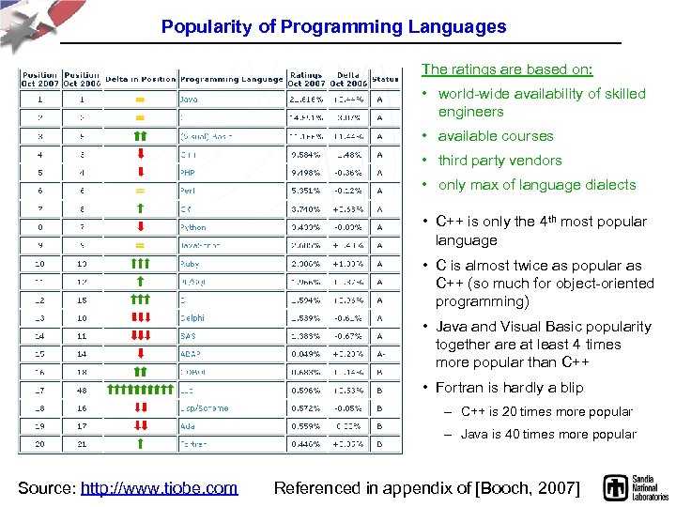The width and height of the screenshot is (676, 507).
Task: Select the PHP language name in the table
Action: (x=188, y=173)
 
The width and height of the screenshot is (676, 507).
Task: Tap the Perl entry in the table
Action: (x=187, y=191)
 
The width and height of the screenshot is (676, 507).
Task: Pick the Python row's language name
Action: (x=192, y=227)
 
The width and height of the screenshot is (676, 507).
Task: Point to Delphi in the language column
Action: (x=192, y=317)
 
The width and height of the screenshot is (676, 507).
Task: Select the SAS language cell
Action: (x=188, y=335)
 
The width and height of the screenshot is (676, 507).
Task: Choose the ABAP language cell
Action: (x=190, y=354)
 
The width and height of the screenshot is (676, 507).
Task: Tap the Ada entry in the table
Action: (x=187, y=426)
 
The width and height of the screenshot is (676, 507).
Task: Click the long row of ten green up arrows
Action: (x=139, y=390)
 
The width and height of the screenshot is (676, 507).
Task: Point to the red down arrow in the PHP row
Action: (x=139, y=173)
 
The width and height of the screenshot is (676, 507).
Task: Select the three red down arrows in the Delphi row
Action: (x=139, y=317)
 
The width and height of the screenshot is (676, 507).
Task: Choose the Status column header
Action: (x=384, y=80)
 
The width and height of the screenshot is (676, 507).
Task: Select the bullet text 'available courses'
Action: (x=495, y=136)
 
